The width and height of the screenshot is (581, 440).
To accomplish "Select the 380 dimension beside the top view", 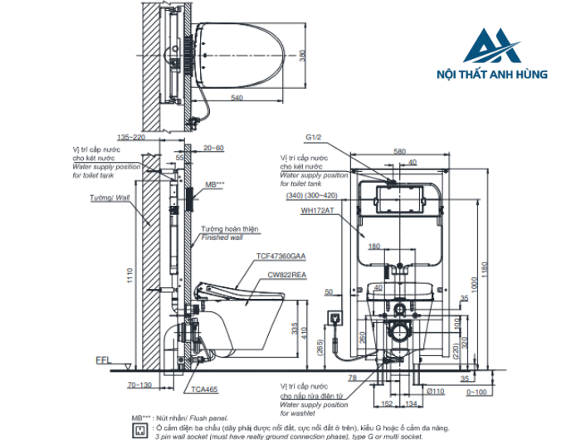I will tap(302, 55).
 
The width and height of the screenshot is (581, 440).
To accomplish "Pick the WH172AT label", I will tap(320, 211).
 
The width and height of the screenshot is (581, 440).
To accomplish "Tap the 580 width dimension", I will tap(400, 151).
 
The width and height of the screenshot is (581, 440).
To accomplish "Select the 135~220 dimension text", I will tap(130, 137).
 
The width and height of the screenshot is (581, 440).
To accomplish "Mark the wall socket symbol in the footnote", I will tap(138, 430).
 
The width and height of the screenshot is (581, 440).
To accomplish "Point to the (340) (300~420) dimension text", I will tap(311, 195).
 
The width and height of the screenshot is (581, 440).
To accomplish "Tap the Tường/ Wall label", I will tap(110, 199).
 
